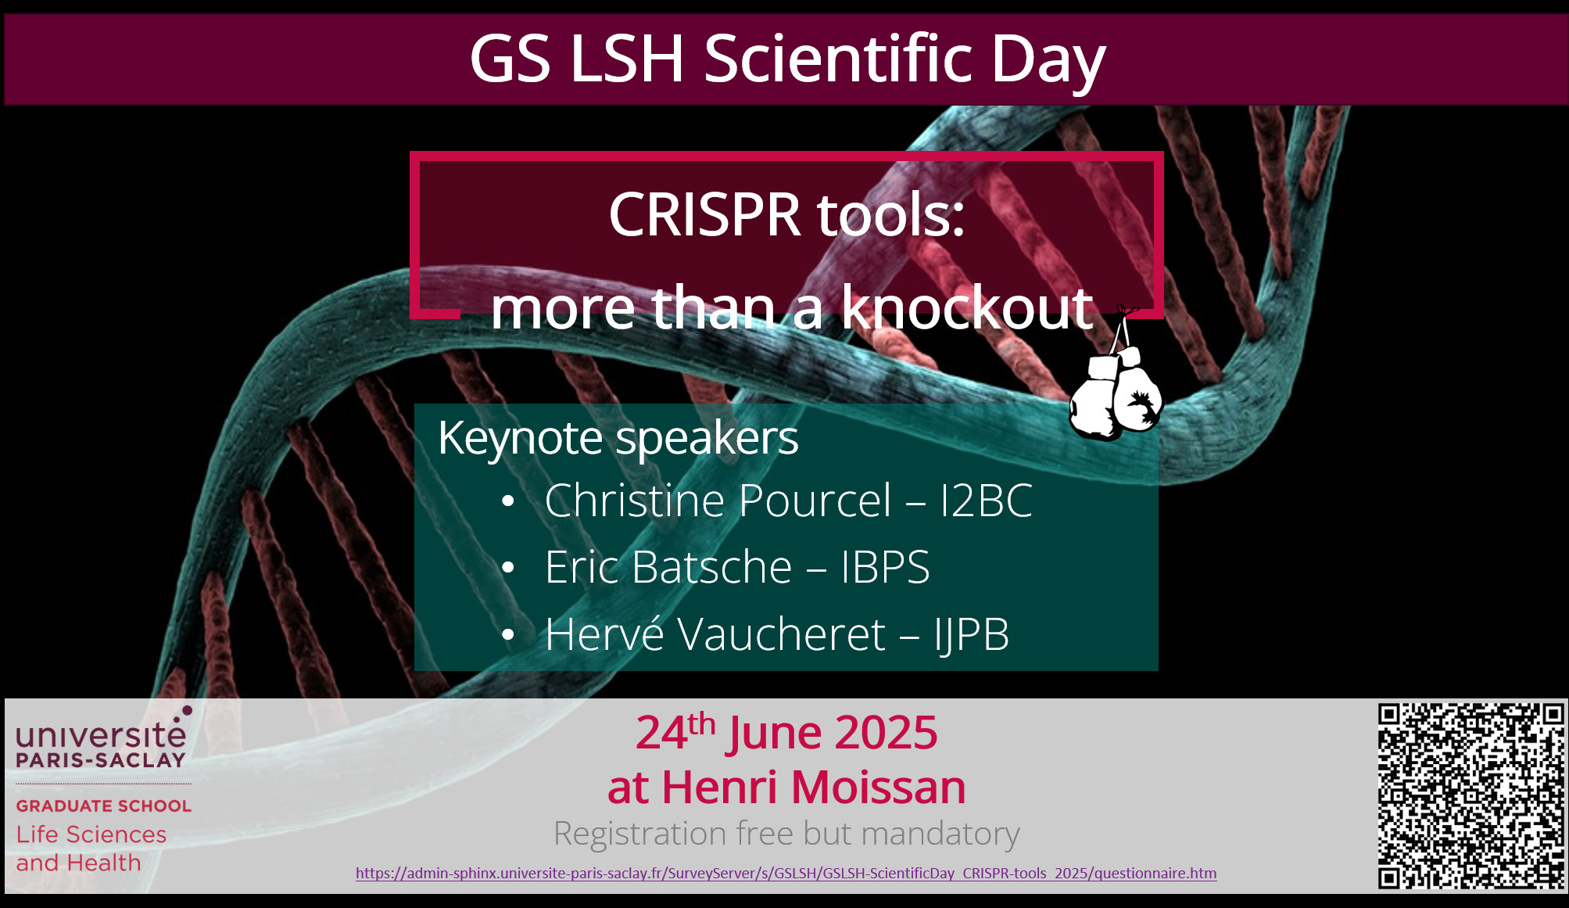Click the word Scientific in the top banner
tap(838, 59)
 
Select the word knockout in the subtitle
tap(966, 307)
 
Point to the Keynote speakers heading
tap(618, 438)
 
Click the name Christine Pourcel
tap(718, 501)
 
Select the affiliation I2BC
tap(987, 501)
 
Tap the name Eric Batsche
tap(668, 567)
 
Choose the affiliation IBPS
tap(886, 567)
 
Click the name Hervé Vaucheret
tap(715, 633)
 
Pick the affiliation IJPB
tap(972, 634)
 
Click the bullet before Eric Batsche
tap(508, 568)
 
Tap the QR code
tap(1470, 796)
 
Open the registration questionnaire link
tap(786, 874)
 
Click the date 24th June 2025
tap(786, 732)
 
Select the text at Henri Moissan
tap(786, 787)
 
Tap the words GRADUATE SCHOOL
tap(104, 806)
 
